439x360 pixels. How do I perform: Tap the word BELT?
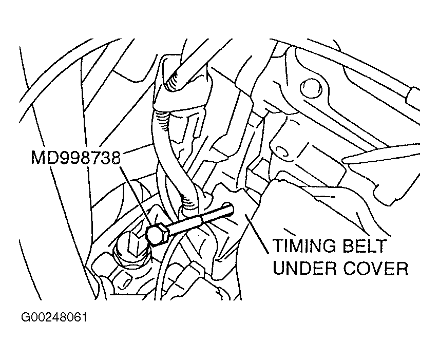coord(365,246)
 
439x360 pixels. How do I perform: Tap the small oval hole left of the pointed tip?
coord(280,150)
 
